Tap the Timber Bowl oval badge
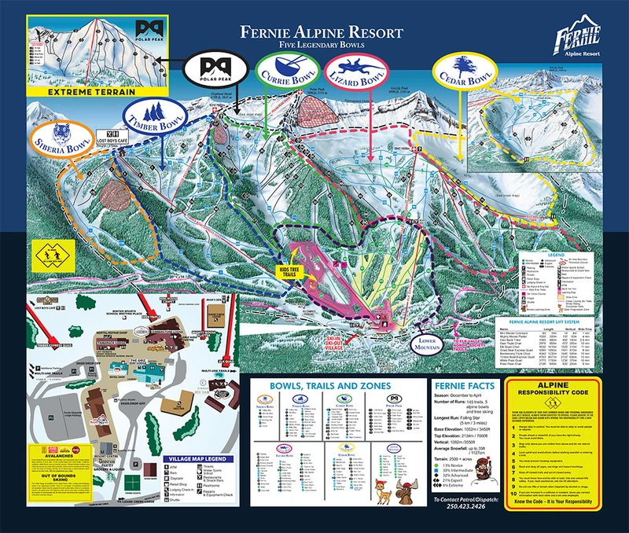coord(153,117)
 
